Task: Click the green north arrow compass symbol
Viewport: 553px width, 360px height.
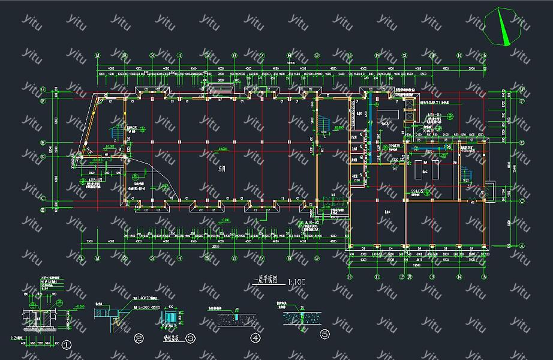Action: (x=503, y=26)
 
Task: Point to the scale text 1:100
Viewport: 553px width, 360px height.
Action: (x=297, y=281)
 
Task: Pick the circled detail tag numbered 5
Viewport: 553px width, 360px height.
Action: (x=324, y=334)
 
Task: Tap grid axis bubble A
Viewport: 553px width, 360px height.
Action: (x=521, y=245)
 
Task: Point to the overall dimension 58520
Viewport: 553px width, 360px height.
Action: (x=291, y=62)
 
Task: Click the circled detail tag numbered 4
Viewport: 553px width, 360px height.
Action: (x=256, y=338)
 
